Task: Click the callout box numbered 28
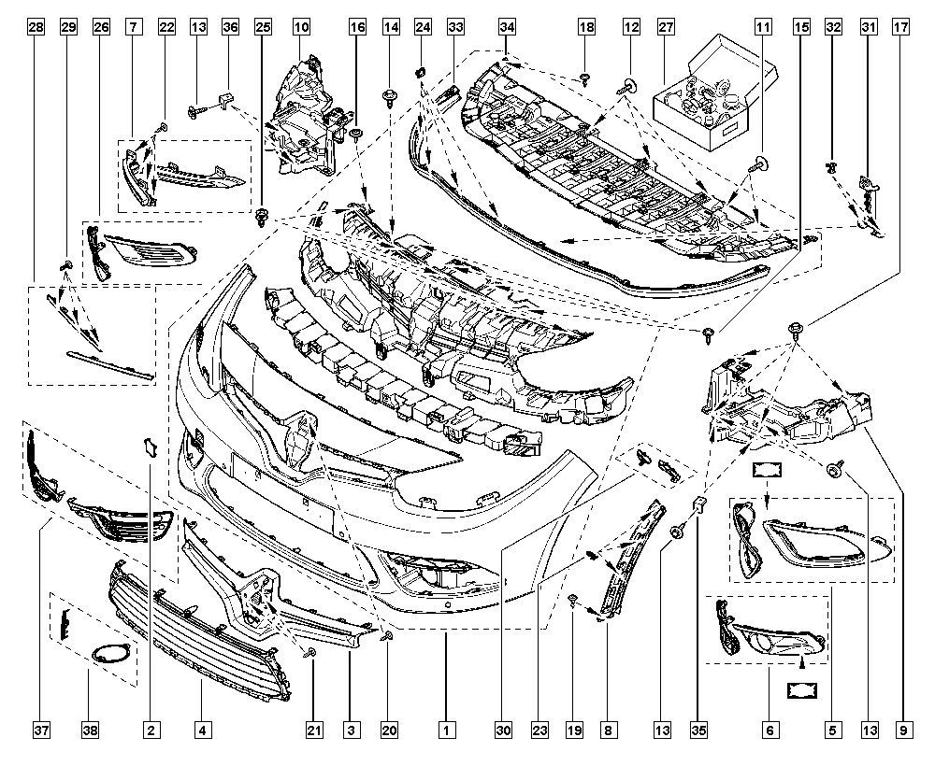36,27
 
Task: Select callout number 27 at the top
666,27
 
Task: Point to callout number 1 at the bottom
446,729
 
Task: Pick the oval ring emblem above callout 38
111,653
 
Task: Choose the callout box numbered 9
903,729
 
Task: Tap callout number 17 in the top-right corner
900,27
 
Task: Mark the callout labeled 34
507,27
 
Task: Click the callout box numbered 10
301,27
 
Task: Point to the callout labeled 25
263,27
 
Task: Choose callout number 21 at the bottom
314,729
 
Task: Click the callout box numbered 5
832,729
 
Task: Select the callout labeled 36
230,27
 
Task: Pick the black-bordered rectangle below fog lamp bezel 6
802,691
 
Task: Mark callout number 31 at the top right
869,27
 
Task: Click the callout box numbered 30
503,729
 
